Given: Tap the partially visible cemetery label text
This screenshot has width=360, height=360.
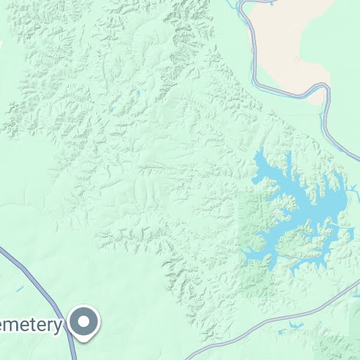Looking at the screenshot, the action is click(32, 325).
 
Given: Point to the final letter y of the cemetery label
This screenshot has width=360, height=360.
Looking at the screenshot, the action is click(59, 326).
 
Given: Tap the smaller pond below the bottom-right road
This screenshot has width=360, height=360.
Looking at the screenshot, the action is click(281, 333).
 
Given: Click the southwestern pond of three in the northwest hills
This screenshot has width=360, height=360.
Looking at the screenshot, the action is click(111, 110).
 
